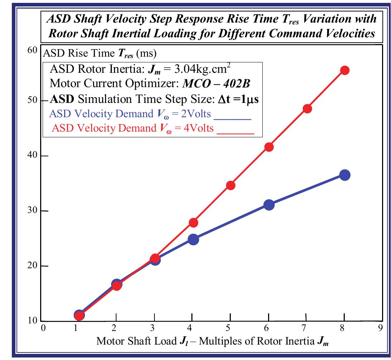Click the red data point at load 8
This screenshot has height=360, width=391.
[x=344, y=70]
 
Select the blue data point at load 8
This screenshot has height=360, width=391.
[x=344, y=175]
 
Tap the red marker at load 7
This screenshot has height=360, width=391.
[x=307, y=109]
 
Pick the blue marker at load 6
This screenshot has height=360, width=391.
[x=269, y=205]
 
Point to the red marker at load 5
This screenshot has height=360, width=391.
[x=231, y=185]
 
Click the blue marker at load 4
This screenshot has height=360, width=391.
[x=193, y=239]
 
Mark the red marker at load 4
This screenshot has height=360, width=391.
[x=193, y=223]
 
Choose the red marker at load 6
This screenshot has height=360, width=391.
[x=269, y=147]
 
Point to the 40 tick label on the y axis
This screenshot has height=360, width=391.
[x=33, y=156]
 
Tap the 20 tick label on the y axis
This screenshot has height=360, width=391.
[x=33, y=266]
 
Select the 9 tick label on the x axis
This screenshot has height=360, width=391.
[x=382, y=328]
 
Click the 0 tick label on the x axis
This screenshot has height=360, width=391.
[x=43, y=328]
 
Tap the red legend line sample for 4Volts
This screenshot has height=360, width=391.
[x=235, y=133]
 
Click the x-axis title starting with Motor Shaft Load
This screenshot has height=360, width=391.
[x=213, y=341]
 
